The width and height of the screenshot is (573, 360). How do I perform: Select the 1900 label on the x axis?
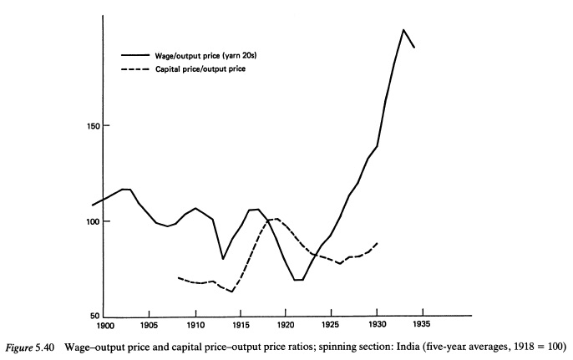(x=104, y=325)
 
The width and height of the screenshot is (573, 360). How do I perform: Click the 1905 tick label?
(x=150, y=325)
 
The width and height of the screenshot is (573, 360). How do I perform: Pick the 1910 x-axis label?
(x=195, y=325)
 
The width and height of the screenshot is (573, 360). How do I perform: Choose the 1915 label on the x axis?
(x=241, y=325)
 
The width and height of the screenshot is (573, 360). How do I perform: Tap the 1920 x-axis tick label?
(x=286, y=325)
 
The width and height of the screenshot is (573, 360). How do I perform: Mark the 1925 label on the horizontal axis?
(x=332, y=325)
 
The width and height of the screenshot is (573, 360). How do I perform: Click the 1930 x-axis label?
(x=377, y=325)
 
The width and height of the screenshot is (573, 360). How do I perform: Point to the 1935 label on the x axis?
(x=422, y=325)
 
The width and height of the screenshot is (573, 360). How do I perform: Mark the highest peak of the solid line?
(x=403, y=30)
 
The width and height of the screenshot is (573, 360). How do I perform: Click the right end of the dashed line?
(x=378, y=242)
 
